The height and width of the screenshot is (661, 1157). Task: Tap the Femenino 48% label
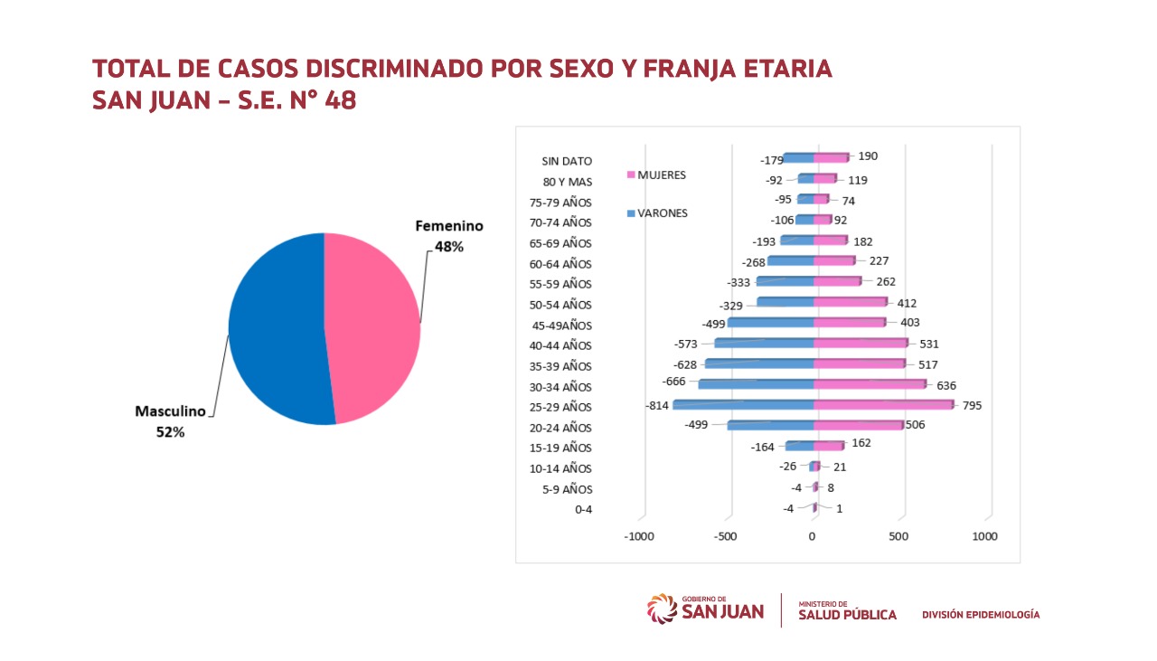pos(448,235)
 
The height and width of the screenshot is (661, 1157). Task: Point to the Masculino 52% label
pos(171,421)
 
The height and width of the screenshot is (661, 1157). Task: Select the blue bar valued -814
pos(743,405)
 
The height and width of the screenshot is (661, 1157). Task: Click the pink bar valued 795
pos(883,404)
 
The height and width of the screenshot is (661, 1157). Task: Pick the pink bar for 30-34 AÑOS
pos(870,384)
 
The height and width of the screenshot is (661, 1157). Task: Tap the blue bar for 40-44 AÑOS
pos(764,344)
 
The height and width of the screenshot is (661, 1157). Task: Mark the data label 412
pos(907,303)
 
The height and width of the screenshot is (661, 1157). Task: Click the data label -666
pos(673,382)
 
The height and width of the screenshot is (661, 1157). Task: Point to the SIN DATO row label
pos(567,161)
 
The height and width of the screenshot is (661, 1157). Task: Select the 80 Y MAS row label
pos(567,182)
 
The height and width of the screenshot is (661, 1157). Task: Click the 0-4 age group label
pos(583,509)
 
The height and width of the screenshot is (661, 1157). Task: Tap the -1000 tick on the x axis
pos(639,536)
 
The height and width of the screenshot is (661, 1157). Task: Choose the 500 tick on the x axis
pos(898,536)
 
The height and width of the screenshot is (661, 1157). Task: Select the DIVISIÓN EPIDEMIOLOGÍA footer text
pos(981,615)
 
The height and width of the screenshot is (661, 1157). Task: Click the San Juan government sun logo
pos(662,608)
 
